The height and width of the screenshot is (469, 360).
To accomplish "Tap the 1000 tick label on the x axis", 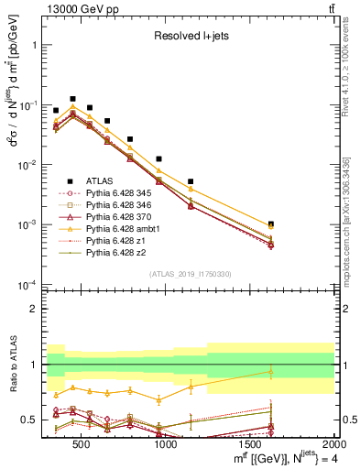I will tap(166, 444).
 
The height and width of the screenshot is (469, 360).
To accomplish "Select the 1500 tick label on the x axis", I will tap(251, 444).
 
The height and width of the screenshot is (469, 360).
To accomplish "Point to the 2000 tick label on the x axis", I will tap(333, 444).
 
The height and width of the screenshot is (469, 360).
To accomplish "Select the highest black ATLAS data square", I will tap(72, 98).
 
